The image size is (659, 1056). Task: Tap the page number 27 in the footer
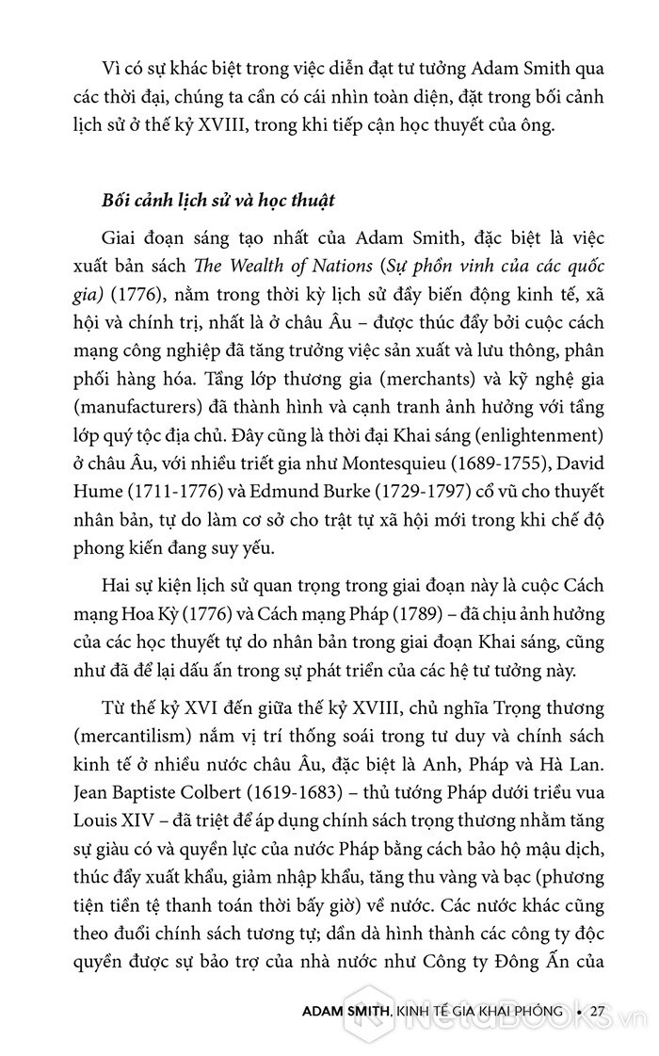[x=596, y=1012]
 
